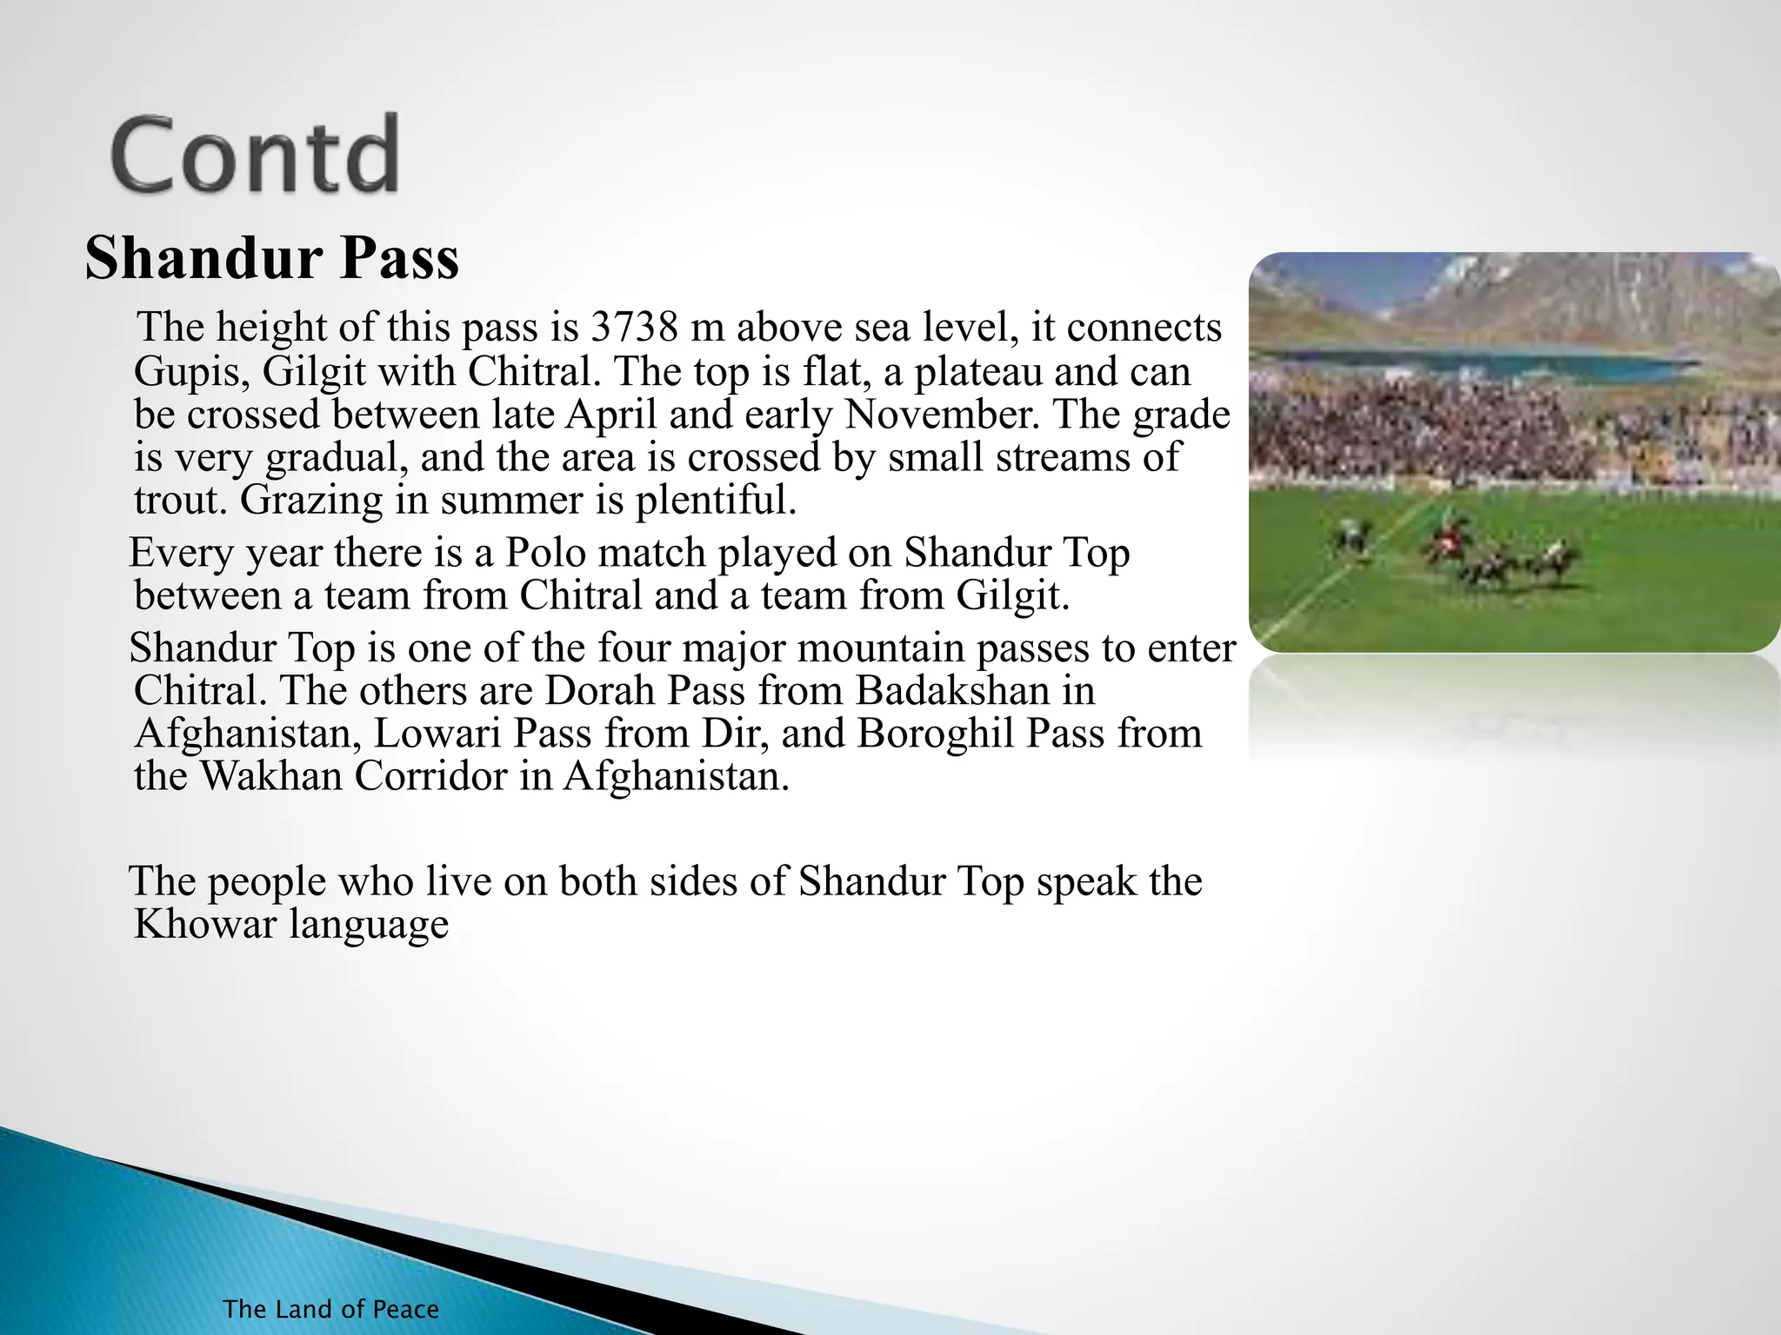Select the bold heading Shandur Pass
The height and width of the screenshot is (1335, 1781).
[271, 258]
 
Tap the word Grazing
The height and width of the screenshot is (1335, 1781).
[310, 501]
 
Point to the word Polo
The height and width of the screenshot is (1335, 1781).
[545, 553]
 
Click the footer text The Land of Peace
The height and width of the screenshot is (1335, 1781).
[330, 1309]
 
